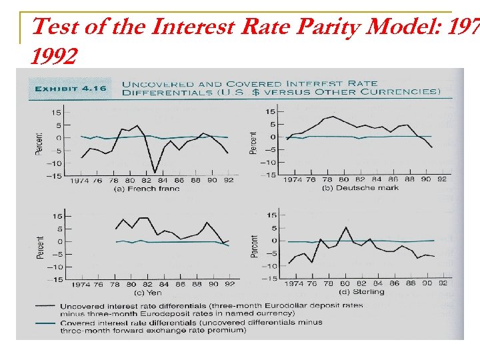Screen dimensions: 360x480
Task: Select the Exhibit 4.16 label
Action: [66, 88]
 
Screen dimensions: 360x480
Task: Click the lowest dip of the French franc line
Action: [155, 173]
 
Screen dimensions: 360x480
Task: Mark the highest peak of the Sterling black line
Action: [346, 227]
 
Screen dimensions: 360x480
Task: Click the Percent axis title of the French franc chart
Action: [39, 142]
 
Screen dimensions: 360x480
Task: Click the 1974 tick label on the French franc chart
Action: [80, 181]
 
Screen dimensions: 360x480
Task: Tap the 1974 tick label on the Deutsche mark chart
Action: [293, 181]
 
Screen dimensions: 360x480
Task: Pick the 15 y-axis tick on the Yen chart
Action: [58, 216]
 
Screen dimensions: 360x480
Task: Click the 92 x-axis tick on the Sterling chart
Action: [443, 283]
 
